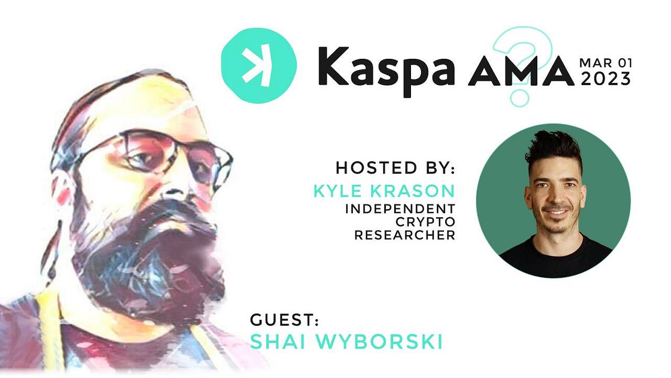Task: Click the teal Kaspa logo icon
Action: (259, 66)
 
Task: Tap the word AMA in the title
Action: (521, 74)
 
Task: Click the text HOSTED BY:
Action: (395, 167)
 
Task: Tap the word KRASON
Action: (413, 191)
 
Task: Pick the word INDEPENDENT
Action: (400, 208)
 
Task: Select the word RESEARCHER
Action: (405, 235)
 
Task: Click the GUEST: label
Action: (284, 321)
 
